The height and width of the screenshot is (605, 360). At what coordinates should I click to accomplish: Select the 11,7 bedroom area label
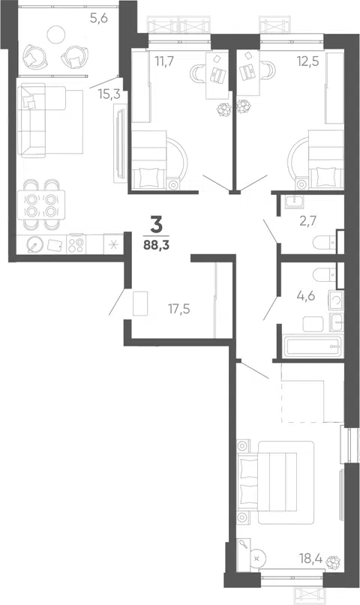165,61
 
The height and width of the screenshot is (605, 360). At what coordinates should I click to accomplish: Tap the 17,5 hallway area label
179,309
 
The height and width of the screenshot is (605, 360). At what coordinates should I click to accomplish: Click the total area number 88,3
155,244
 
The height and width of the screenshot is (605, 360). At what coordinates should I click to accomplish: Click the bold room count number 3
155,226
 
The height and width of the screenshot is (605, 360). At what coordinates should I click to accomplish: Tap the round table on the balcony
55,34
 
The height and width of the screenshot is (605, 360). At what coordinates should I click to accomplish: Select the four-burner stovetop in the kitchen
76,245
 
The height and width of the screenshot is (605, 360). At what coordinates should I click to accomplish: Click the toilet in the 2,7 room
324,242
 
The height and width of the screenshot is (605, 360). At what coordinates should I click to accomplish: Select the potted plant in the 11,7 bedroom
223,110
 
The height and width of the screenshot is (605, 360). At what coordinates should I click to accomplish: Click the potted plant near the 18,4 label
333,562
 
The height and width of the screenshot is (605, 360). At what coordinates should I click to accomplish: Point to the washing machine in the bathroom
335,300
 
